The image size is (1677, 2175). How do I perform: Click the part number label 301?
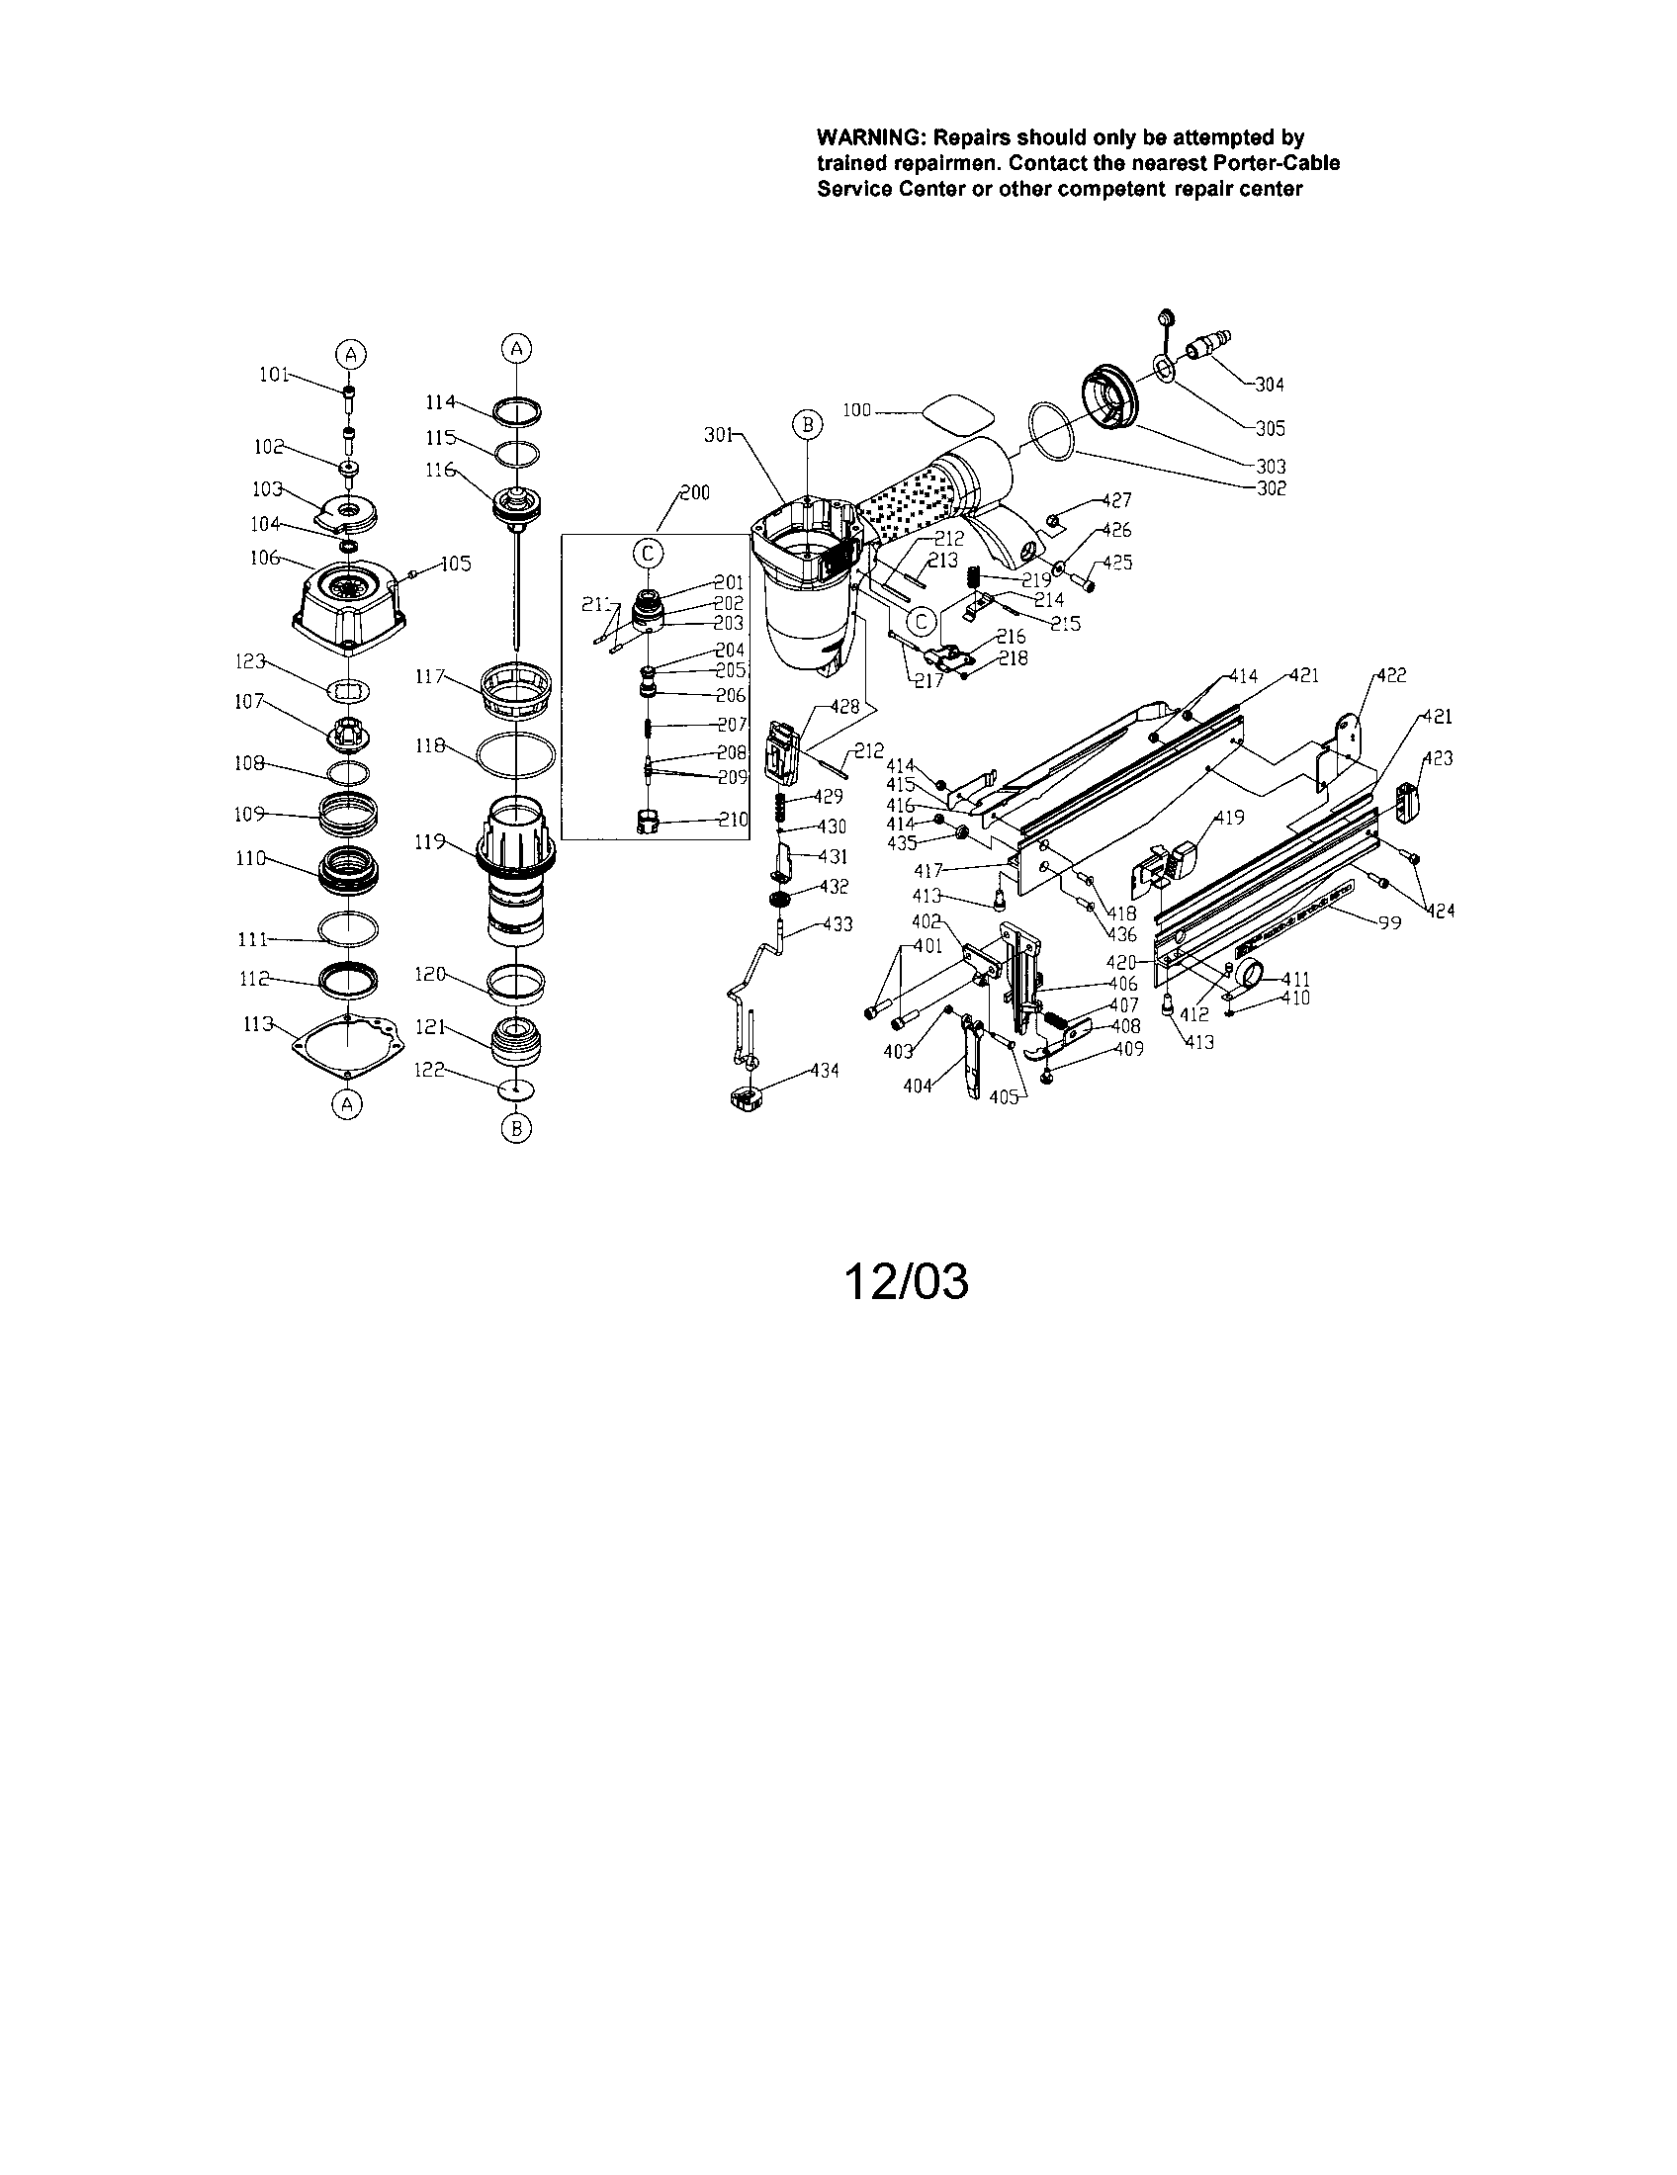tap(719, 434)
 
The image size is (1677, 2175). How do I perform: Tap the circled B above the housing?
tap(808, 425)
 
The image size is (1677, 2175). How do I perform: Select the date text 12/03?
tap(905, 1281)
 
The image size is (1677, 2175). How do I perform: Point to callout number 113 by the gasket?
tap(259, 1024)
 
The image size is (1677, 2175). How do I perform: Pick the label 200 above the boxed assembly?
tap(694, 493)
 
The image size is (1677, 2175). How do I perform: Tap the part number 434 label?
tap(824, 1071)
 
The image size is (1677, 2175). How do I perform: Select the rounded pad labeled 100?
tap(958, 411)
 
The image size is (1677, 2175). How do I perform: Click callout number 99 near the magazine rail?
tap(1389, 923)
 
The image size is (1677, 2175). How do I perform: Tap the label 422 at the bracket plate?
tap(1391, 675)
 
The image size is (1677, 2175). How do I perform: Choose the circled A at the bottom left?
tap(346, 1104)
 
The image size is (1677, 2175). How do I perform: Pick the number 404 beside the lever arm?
tap(918, 1086)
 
